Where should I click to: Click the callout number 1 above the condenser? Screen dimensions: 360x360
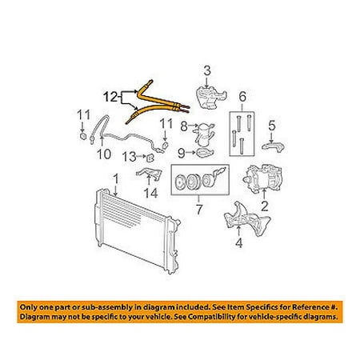click(116, 178)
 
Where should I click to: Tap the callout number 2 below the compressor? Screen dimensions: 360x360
click(264, 206)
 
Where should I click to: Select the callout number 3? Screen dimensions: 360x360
click(207, 70)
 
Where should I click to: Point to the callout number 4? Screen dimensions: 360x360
click(239, 242)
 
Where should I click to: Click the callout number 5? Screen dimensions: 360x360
click(271, 126)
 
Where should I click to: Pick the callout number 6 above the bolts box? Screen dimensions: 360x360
click(242, 97)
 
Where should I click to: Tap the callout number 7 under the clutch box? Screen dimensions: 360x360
click(199, 210)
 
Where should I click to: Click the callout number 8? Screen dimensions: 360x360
click(184, 126)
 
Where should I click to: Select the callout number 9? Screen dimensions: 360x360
click(182, 153)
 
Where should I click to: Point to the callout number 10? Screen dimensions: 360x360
click(104, 154)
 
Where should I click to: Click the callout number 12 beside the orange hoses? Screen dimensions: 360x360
click(110, 97)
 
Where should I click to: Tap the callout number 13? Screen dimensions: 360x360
click(130, 157)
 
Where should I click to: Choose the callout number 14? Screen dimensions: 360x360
click(151, 193)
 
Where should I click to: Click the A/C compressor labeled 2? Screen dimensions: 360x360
click(262, 178)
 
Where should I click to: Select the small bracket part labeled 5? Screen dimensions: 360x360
click(273, 146)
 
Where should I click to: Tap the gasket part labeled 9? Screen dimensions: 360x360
click(205, 154)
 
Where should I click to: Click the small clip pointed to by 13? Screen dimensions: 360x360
click(150, 158)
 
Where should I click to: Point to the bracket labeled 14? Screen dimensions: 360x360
click(150, 173)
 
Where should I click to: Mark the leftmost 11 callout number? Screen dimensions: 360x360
click(83, 115)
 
